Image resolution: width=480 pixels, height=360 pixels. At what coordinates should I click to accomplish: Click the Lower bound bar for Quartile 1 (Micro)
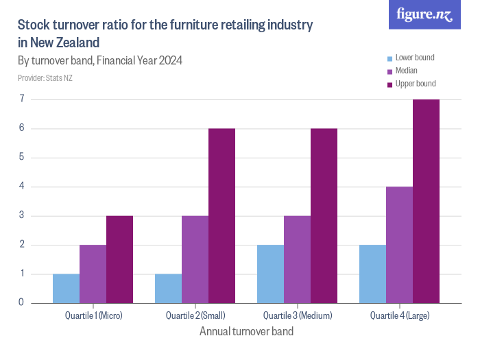[x=66, y=288]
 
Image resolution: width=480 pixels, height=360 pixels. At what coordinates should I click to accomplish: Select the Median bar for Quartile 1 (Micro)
[x=93, y=274]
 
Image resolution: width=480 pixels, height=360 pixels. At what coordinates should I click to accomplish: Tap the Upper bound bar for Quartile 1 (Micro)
[x=119, y=259]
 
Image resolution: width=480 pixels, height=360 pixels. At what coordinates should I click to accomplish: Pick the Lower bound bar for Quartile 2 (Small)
[x=168, y=288]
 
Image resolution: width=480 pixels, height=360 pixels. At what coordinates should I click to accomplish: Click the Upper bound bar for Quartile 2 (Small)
[x=221, y=215]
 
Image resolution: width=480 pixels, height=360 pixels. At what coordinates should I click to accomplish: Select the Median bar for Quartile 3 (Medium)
[x=297, y=259]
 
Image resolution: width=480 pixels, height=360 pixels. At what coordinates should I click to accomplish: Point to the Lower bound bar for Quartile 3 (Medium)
[x=270, y=274]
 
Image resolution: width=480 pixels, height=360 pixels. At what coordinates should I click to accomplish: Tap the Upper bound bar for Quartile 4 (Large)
[x=426, y=201]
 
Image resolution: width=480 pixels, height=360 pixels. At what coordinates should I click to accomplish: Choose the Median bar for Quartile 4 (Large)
[x=399, y=244]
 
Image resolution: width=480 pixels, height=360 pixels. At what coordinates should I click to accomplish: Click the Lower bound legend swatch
[x=390, y=58]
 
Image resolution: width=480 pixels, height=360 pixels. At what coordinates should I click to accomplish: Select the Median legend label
[x=407, y=71]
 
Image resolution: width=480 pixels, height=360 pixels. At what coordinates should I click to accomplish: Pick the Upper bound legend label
[x=416, y=84]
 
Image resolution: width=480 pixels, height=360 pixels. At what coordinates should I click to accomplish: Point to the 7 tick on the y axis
[x=21, y=99]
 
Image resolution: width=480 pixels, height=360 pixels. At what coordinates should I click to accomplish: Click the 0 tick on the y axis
[x=21, y=302]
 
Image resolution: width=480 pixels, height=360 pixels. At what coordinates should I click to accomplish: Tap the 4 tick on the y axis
[x=21, y=187]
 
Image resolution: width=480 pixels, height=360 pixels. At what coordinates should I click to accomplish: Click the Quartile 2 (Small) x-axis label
[x=195, y=316]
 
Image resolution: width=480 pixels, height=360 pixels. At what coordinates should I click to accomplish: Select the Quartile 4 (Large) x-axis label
[x=400, y=316]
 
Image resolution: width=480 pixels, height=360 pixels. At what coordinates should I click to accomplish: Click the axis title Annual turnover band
[x=246, y=332]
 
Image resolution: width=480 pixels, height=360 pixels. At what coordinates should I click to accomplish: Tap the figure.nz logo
[x=424, y=15]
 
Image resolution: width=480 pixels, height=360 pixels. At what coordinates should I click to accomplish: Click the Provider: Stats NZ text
[x=45, y=78]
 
